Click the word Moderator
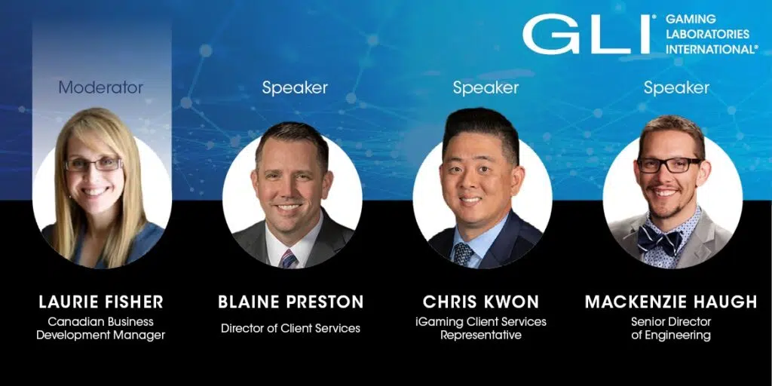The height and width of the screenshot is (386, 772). point(101,87)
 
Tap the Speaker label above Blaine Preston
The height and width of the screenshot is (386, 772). point(295,88)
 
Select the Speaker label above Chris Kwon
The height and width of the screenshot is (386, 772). point(486,88)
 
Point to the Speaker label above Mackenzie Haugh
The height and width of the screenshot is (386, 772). point(676,88)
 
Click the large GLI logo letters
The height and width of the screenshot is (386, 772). point(587,34)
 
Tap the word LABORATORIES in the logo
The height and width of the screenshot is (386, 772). point(707,35)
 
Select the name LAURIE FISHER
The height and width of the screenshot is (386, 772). point(101,302)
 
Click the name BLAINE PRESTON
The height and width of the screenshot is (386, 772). point(291,302)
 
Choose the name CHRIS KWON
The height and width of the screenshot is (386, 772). point(481,302)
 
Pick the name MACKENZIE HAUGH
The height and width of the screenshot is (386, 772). point(671,302)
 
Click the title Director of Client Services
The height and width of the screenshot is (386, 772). point(290,329)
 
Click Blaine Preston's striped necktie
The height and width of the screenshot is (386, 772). point(289,259)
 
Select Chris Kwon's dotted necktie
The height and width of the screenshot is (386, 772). point(463,254)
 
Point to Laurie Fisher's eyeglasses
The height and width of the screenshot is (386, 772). point(93,164)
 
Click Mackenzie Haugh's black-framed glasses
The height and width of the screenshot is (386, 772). point(669,165)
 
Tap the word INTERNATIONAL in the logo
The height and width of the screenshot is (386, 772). point(712,49)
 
